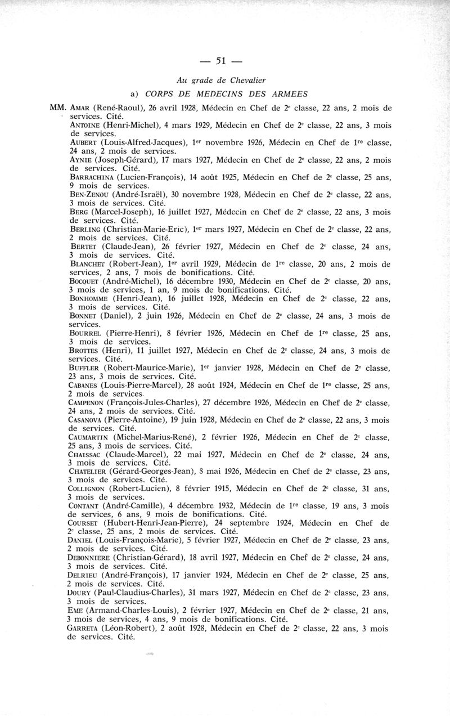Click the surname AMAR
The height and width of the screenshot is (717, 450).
coord(80,107)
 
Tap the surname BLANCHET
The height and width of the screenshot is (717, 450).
coord(88,265)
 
